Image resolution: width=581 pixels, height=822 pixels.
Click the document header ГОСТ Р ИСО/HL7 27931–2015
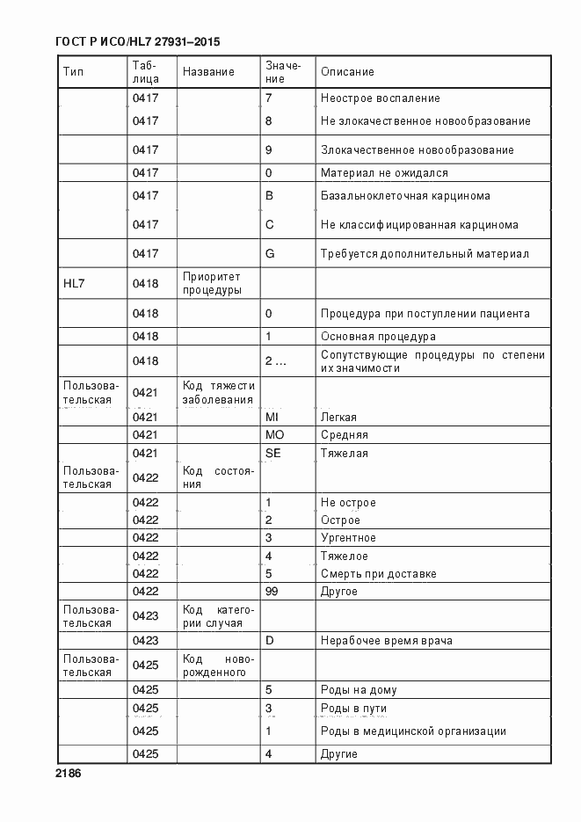coord(137,41)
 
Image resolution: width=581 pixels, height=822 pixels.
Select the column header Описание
coord(347,72)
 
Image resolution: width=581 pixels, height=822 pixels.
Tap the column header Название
coord(208,72)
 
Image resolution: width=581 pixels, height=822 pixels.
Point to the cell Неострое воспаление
coord(380,98)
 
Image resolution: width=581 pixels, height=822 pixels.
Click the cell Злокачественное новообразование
coord(417,150)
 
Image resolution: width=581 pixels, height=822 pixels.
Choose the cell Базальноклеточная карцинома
coord(405,196)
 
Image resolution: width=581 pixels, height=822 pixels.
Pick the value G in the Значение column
coord(270,254)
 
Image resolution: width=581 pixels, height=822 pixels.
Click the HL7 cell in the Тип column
coord(75,284)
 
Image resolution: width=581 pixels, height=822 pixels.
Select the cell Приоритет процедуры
coord(212,284)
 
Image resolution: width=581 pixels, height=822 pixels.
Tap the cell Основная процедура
coord(378,337)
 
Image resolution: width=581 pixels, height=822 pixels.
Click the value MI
coord(272,417)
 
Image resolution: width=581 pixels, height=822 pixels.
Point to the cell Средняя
coord(345,435)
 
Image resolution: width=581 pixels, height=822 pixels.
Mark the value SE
coord(272,454)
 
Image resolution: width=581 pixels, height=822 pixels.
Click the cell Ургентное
coord(348,538)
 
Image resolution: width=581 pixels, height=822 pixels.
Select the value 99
coord(272,592)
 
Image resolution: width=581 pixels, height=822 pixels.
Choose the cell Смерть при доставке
coord(378,574)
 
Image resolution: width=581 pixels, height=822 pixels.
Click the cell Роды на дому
coord(359,690)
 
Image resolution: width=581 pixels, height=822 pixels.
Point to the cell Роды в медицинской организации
coord(413,731)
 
